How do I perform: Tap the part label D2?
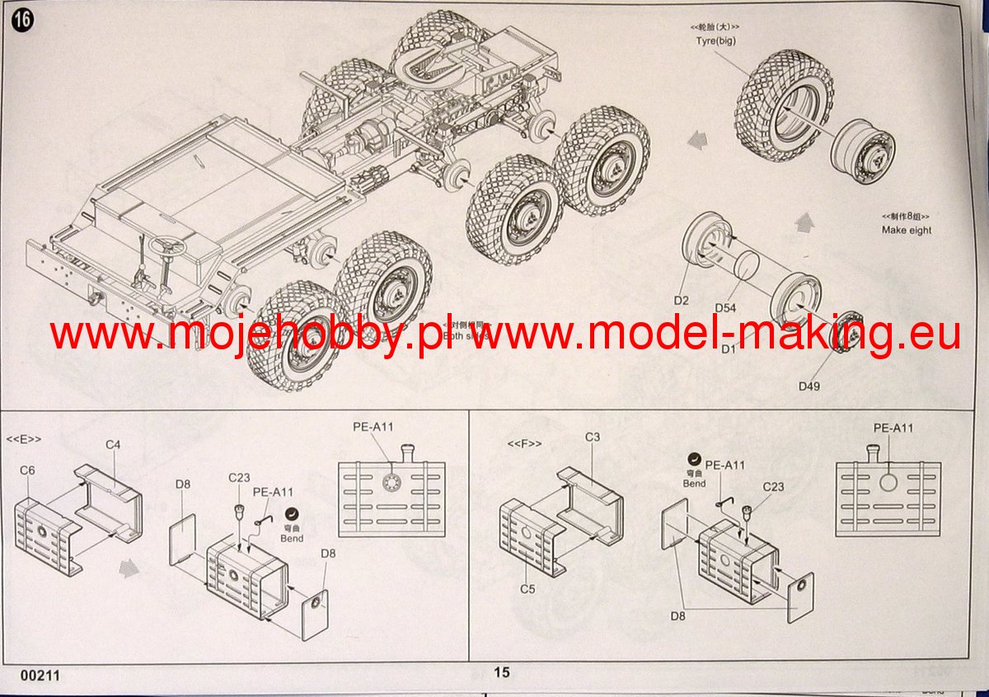point(681,300)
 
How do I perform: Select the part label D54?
point(725,307)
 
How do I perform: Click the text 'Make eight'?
point(907,231)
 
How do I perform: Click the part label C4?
point(114,445)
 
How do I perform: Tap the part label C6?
point(27,470)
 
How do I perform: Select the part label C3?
point(593,437)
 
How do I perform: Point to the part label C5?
point(527,588)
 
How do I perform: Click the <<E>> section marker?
point(24,439)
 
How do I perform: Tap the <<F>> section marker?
point(524,444)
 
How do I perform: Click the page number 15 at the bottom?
point(502,672)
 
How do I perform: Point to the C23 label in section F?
point(772,487)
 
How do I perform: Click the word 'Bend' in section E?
point(291,539)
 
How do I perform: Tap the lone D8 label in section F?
point(679,615)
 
